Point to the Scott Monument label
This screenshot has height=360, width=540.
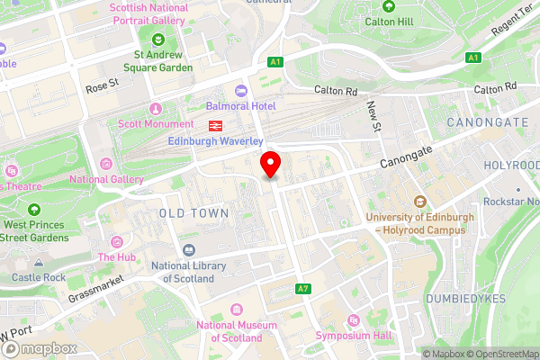[x=156, y=123]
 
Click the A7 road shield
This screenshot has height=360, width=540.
[x=303, y=289]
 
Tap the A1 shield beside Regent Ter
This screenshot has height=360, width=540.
[x=472, y=58]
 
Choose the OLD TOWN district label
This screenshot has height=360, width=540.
[x=193, y=212]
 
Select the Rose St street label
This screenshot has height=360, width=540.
[x=102, y=87]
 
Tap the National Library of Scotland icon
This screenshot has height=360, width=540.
[x=188, y=250]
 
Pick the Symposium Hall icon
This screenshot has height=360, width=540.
[x=352, y=320]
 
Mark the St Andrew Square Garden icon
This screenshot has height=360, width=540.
[x=158, y=39]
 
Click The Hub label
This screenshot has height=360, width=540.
[x=118, y=256]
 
